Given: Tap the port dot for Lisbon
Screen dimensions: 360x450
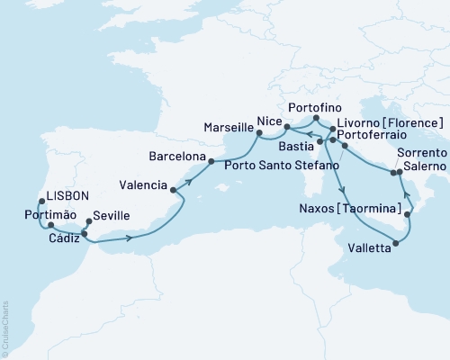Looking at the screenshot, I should pyautogui.click(x=40, y=202).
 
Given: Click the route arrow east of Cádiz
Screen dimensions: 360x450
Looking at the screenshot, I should pyautogui.click(x=132, y=238).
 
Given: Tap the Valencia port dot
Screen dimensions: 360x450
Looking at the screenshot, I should pyautogui.click(x=172, y=190).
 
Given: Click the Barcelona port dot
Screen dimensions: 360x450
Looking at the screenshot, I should pyautogui.click(x=211, y=162).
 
